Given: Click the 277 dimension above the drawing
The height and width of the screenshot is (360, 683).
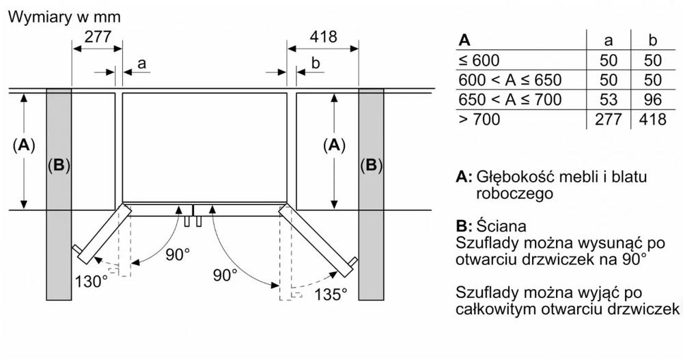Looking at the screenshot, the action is [x=98, y=37].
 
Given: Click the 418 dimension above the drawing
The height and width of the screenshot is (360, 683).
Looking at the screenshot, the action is [x=324, y=37].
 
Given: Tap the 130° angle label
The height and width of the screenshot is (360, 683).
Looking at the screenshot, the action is [x=91, y=281].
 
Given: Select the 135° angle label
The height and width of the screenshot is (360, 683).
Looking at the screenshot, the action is [x=331, y=294].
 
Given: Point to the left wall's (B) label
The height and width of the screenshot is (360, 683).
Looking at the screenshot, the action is [x=59, y=165].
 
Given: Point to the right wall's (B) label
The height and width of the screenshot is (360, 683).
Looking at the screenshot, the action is [x=371, y=165].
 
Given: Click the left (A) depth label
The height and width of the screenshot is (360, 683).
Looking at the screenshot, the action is [x=23, y=145].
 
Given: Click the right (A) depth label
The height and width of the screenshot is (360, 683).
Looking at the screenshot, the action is [x=334, y=145].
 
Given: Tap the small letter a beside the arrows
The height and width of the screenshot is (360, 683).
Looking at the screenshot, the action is [x=141, y=64].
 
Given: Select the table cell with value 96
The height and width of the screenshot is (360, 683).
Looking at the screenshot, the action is [x=652, y=100].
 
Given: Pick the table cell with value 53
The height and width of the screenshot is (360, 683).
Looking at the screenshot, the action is [x=609, y=100].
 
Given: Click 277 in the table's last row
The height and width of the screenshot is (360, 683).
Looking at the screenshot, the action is [x=609, y=120].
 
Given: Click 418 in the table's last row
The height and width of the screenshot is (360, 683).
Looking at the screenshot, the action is [x=652, y=120].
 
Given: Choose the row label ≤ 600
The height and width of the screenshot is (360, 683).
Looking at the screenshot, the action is [x=479, y=60].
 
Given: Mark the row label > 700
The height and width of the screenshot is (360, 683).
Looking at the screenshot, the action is [x=479, y=120].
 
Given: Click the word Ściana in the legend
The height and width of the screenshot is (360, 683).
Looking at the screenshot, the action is [x=501, y=225].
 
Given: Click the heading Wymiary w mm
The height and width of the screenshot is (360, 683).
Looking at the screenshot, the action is [x=64, y=17].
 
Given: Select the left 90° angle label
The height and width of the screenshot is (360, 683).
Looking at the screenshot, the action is [x=178, y=255].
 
